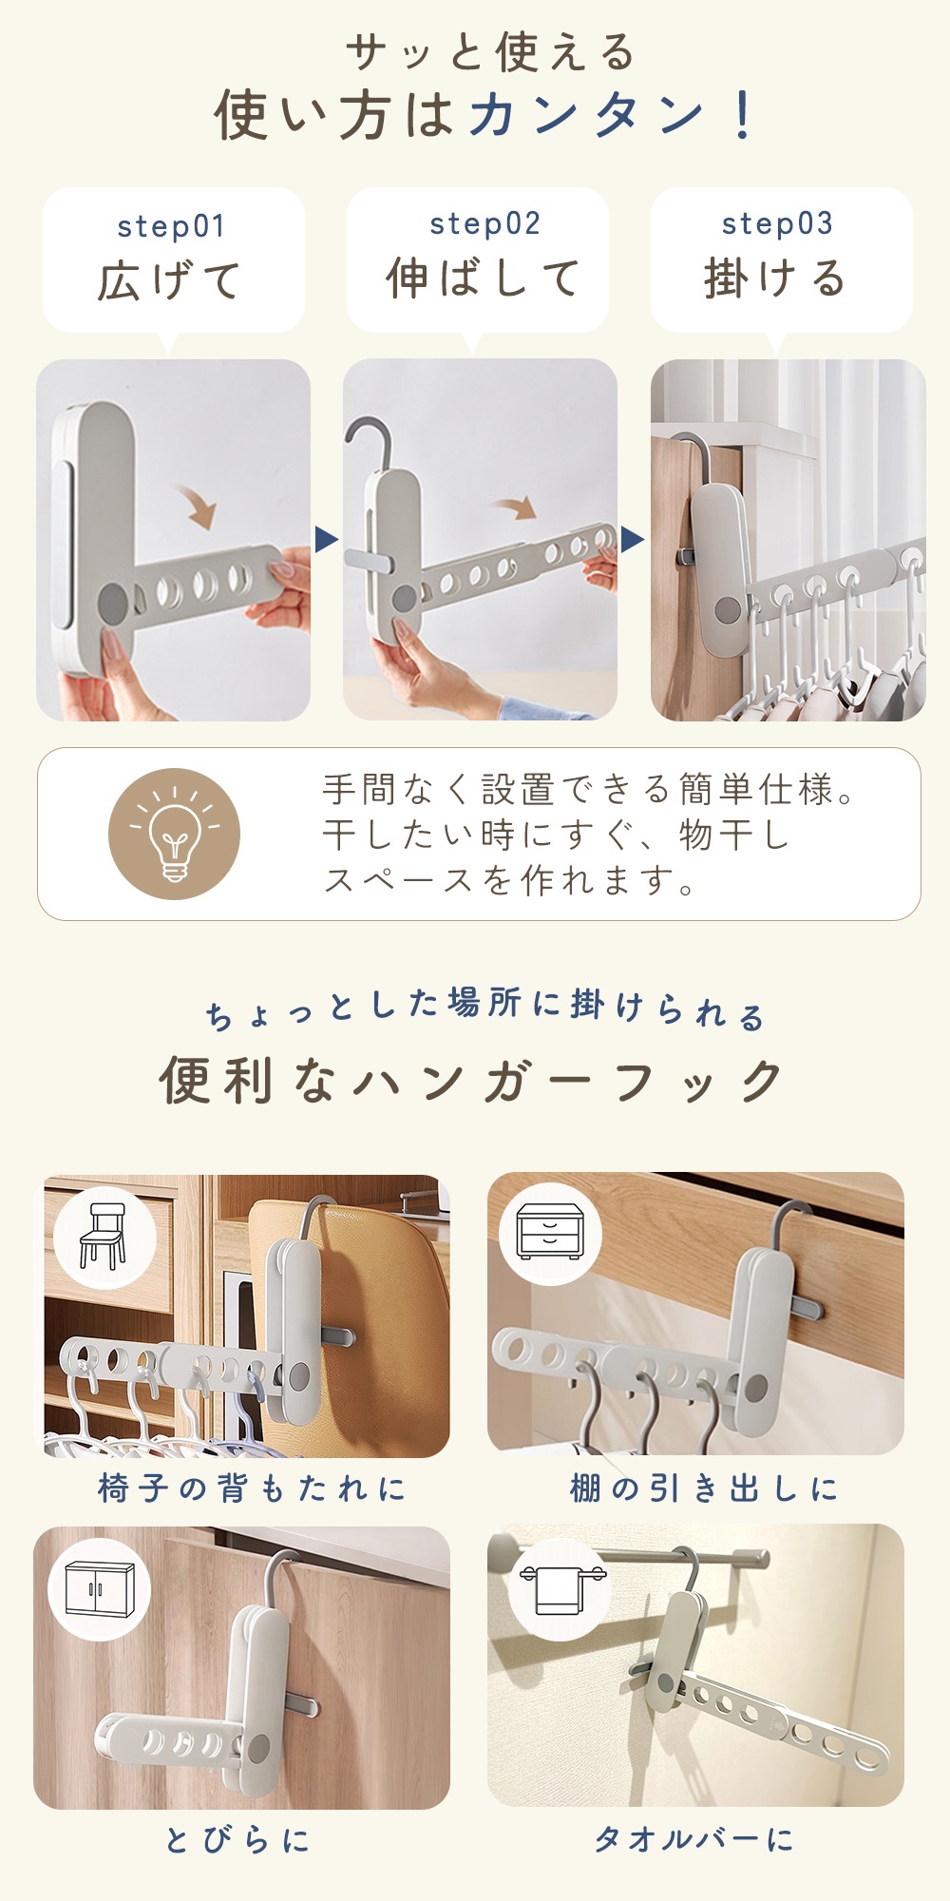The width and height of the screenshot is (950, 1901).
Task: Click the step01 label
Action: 171,227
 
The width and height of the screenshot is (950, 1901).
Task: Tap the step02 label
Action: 484,224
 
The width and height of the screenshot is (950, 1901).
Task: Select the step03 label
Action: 777,224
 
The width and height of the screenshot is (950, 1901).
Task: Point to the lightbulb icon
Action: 175,834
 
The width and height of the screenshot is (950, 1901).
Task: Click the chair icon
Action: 104,1236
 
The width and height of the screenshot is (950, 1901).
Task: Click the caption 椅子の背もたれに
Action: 252,1488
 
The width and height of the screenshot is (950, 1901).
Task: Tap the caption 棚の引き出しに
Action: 704,1488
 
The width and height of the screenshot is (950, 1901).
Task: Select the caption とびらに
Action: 237,1840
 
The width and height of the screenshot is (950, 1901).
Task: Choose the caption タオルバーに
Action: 693,1839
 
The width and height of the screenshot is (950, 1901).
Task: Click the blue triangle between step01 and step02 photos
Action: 326,540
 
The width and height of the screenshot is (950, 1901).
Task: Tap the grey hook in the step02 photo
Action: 366,443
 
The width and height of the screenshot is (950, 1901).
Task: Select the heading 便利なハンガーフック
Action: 471,1081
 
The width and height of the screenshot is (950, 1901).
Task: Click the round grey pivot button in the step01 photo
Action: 113,601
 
